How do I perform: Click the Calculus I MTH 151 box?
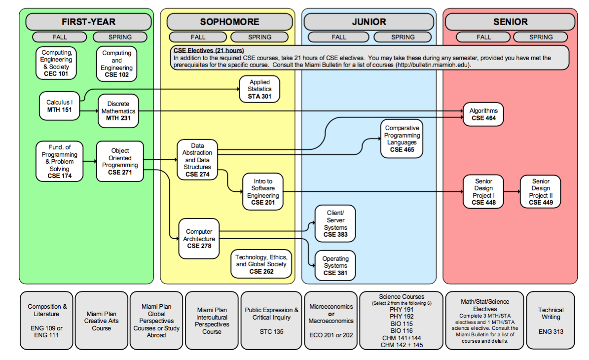point(59,106)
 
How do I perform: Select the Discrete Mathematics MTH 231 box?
point(118,111)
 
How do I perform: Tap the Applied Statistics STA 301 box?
point(259,89)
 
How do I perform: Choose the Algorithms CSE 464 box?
point(483,114)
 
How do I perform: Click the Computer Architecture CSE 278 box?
point(199,239)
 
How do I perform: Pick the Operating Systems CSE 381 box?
point(335,265)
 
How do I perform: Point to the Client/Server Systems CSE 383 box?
point(335,224)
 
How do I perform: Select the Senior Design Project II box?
point(540,192)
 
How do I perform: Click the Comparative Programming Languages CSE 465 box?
point(402,139)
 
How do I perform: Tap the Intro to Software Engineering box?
point(263,192)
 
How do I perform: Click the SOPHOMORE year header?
point(229,22)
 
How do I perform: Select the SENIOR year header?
point(510,22)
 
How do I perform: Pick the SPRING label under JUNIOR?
point(403,37)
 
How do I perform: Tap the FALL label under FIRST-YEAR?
point(60,37)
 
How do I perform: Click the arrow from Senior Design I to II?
point(512,192)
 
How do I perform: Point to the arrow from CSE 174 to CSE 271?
point(90,161)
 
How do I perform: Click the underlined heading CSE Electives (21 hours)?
point(208,51)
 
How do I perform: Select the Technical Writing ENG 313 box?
point(551,321)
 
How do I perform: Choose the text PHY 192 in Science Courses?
point(402,317)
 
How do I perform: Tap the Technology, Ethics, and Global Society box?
point(261,264)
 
